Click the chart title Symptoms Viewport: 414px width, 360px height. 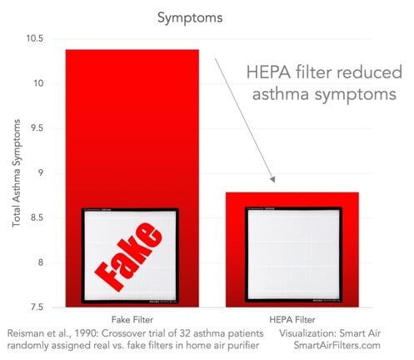click(190, 18)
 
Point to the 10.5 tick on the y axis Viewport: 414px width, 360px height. click(35, 38)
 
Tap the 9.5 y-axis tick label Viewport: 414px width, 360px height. click(37, 128)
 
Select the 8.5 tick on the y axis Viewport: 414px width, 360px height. click(37, 217)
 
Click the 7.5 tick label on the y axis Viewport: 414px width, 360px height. click(37, 307)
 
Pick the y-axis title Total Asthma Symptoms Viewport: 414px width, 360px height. click(17, 172)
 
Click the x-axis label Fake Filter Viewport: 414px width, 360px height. click(132, 320)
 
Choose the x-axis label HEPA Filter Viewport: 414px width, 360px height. click(292, 320)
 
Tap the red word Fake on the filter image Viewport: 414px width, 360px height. click(128, 256)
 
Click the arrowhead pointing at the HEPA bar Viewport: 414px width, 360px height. click(272, 179)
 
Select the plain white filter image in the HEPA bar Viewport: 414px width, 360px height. click(293, 254)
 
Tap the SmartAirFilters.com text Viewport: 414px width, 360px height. click(337, 346)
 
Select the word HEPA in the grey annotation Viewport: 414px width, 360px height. click(268, 72)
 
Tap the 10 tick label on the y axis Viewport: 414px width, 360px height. click(38, 83)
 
